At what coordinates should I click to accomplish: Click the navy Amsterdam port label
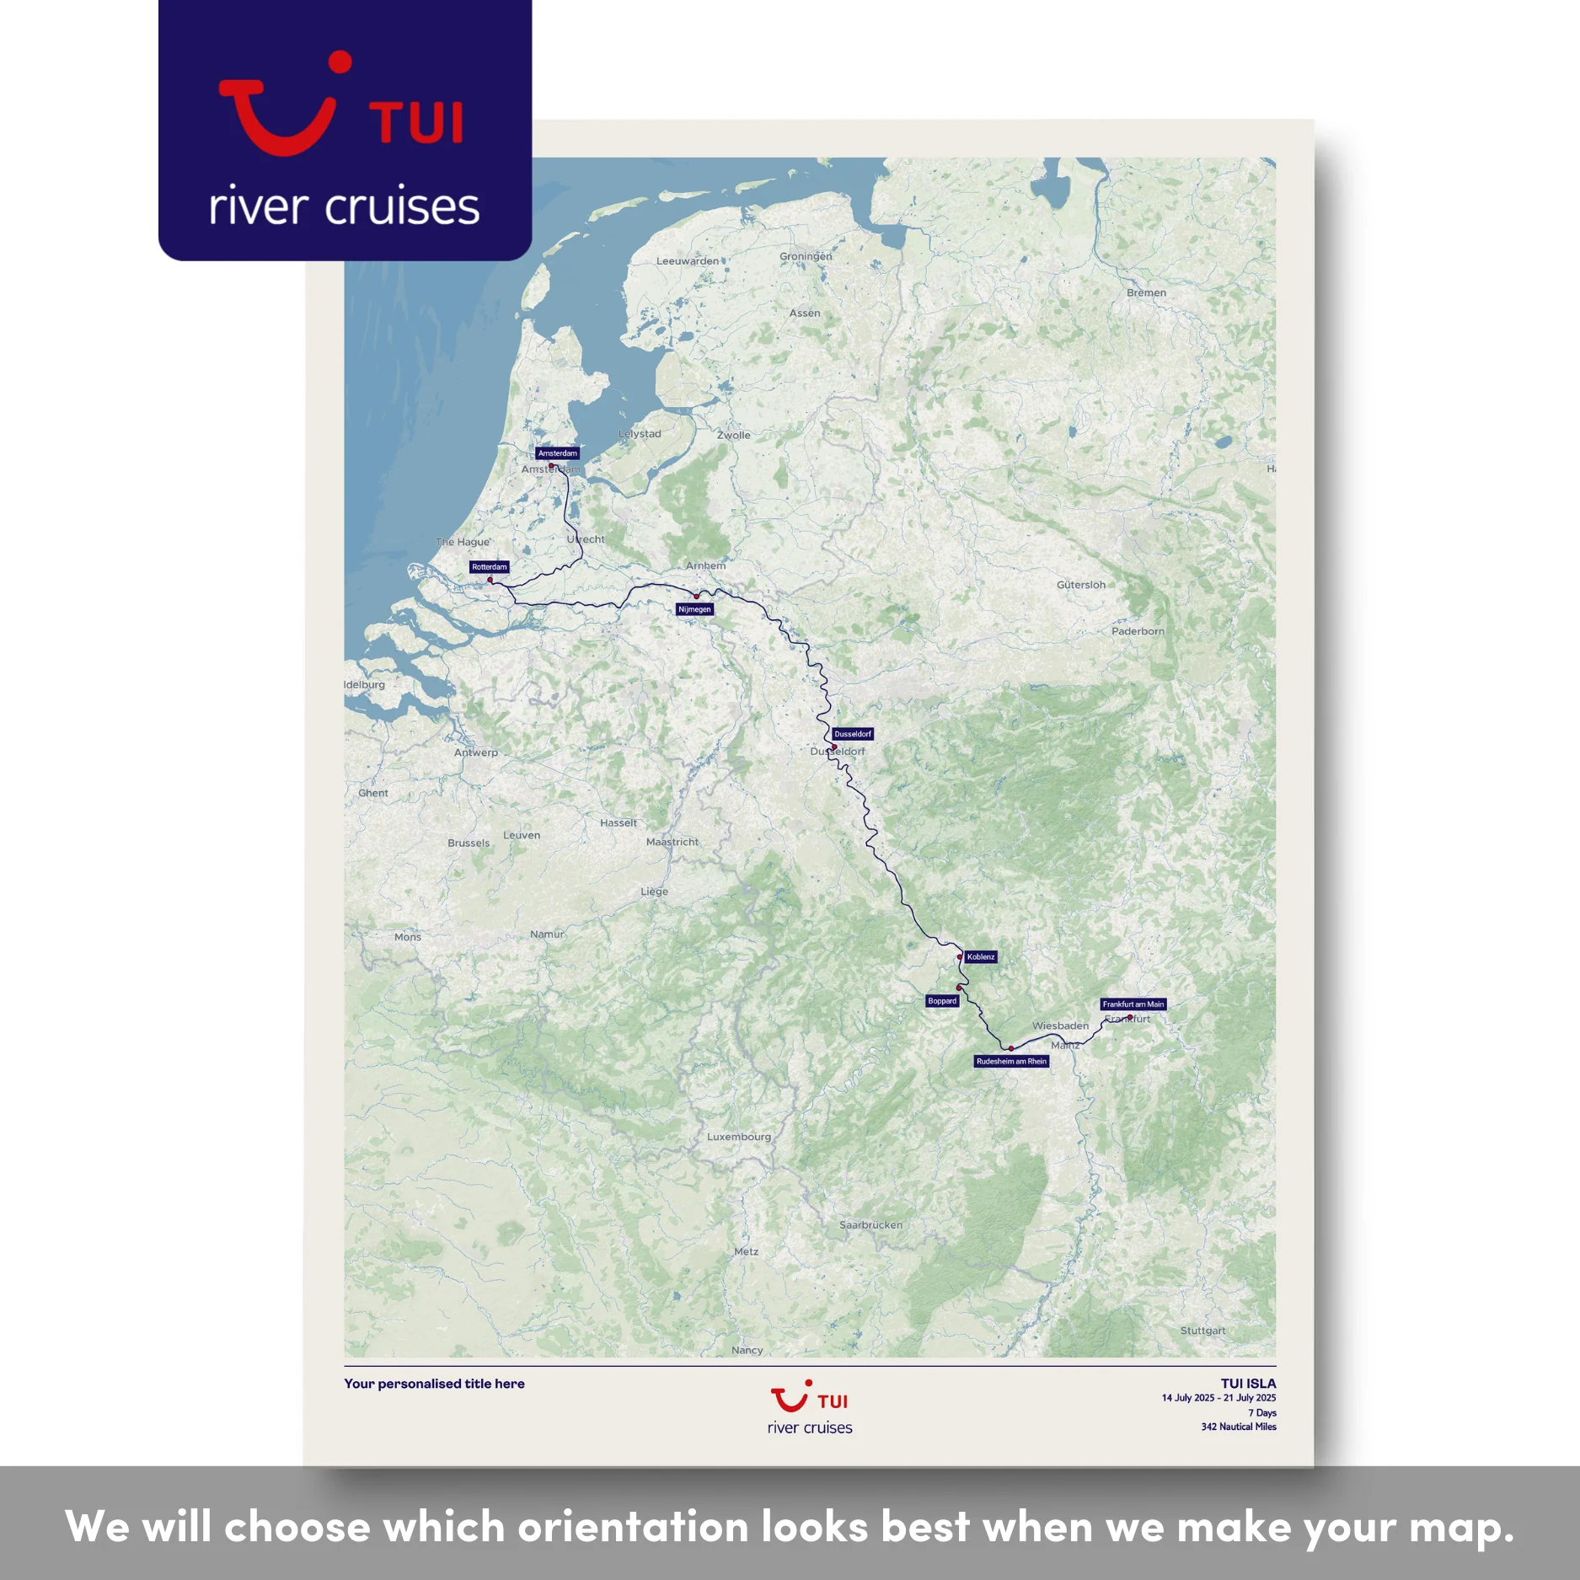[x=557, y=453]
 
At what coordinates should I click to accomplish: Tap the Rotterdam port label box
[x=490, y=567]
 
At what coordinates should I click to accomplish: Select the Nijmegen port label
[x=695, y=609]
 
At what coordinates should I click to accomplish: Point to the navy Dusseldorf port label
[x=853, y=734]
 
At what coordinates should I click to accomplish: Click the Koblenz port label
[x=981, y=957]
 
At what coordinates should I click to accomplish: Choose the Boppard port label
[x=942, y=1001]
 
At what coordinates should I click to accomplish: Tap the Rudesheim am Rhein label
[x=1011, y=1062]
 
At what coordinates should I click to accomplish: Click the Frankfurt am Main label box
[x=1133, y=1004]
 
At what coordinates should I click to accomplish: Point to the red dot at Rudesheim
[x=1011, y=1049]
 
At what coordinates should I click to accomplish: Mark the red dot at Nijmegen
[x=697, y=597]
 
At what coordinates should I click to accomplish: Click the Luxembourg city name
[x=739, y=1137]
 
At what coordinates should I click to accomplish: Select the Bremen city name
[x=1146, y=293]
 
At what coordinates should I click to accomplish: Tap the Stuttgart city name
[x=1202, y=1331]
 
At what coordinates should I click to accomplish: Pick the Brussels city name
[x=469, y=843]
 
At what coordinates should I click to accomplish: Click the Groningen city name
[x=806, y=256]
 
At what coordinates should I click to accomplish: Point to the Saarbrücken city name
[x=870, y=1225]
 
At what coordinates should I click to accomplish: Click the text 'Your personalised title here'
[x=434, y=1384]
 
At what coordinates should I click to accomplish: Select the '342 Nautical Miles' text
[x=1239, y=1427]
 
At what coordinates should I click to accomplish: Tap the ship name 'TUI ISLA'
[x=1248, y=1384]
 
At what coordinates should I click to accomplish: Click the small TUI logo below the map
[x=810, y=1408]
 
